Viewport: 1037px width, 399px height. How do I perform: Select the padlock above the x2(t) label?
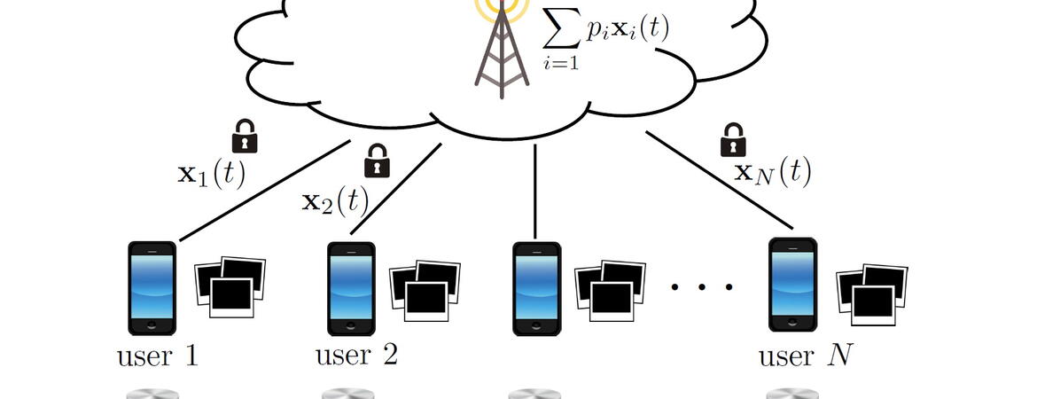(x=378, y=160)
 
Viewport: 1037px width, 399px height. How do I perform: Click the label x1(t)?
(x=210, y=173)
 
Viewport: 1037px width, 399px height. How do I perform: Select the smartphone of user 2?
(x=350, y=288)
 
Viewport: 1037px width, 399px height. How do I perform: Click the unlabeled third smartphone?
(x=536, y=288)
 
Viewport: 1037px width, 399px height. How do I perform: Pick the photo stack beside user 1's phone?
(x=230, y=286)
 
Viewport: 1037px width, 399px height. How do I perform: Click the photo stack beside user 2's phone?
(x=425, y=290)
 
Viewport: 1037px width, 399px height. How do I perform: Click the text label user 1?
(x=157, y=357)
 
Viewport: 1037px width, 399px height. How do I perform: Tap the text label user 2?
(x=356, y=356)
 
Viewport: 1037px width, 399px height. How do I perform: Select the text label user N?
(x=805, y=357)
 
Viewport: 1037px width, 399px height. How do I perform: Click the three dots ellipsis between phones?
(x=702, y=286)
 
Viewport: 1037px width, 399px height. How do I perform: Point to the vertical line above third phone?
(x=535, y=192)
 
